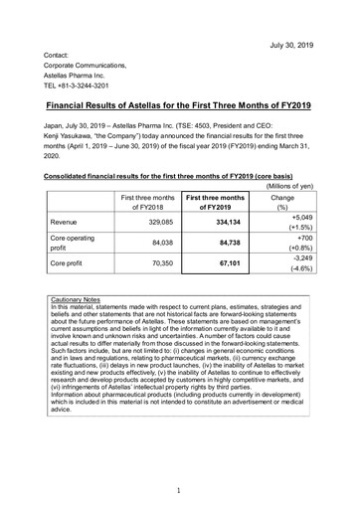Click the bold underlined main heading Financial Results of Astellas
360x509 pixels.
(x=179, y=103)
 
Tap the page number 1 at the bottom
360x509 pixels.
(x=179, y=489)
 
